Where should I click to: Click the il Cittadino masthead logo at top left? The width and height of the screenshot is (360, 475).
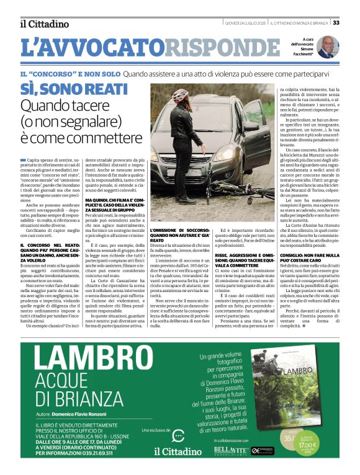[44, 24]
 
